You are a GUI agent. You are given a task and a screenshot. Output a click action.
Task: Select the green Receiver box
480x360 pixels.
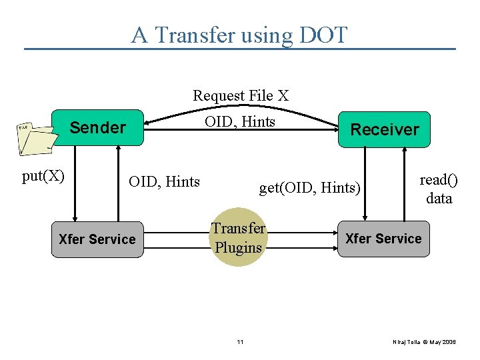click(x=385, y=129)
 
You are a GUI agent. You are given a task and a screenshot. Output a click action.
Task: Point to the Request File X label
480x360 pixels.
click(x=241, y=96)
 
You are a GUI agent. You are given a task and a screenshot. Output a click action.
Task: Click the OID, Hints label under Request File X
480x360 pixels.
click(x=240, y=121)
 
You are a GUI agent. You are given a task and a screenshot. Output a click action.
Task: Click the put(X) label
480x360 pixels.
click(x=43, y=176)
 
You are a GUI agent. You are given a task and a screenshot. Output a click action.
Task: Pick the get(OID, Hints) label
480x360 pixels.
click(x=309, y=188)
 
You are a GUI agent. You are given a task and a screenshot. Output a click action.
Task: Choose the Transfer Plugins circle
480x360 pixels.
click(x=238, y=237)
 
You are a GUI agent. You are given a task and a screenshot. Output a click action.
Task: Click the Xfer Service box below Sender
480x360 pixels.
click(x=97, y=239)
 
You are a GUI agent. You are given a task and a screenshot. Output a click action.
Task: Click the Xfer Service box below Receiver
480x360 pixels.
click(x=383, y=239)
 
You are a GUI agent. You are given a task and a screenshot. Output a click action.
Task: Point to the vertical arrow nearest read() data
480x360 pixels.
click(x=404, y=183)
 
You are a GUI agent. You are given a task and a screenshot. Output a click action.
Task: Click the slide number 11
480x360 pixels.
click(x=240, y=342)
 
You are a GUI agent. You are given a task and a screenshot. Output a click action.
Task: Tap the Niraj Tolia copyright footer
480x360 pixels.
click(x=424, y=342)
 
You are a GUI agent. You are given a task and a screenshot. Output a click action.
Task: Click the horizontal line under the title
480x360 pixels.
click(x=240, y=49)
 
